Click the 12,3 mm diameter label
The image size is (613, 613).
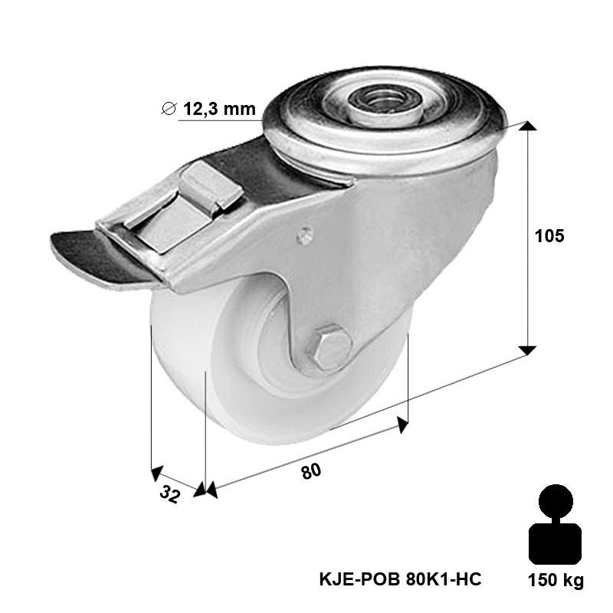pyautogui.click(x=219, y=108)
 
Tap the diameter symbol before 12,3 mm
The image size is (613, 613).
pyautogui.click(x=169, y=108)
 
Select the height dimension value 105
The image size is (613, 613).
pyautogui.click(x=549, y=236)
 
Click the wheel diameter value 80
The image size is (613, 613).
pyautogui.click(x=311, y=471)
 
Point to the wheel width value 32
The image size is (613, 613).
pyautogui.click(x=170, y=495)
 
